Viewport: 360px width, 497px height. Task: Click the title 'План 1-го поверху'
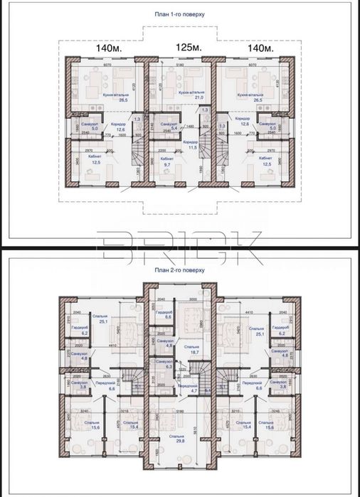point(180,14)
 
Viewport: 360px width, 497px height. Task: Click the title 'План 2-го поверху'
point(180,271)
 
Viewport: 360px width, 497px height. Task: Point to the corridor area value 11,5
point(191,147)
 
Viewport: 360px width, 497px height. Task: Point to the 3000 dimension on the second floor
point(194,300)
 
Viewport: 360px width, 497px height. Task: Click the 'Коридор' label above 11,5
point(191,142)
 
